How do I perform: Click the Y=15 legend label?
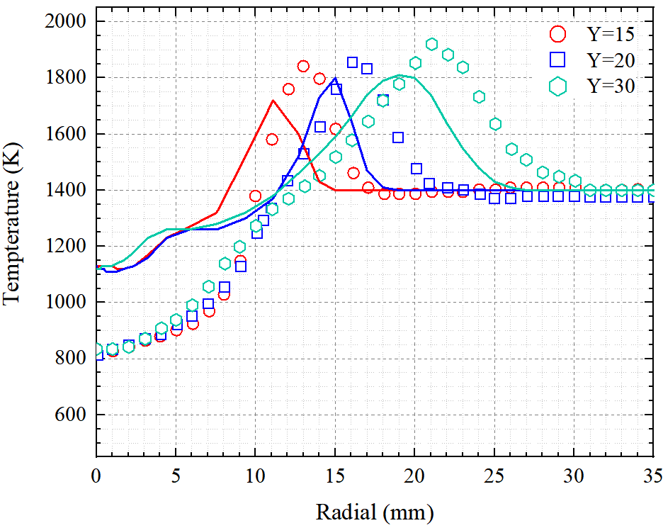[610, 33]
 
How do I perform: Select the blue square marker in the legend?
[559, 60]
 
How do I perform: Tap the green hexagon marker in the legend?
[559, 86]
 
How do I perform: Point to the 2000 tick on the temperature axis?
[64, 21]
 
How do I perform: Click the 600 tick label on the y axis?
[71, 415]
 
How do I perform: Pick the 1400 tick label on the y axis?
[64, 190]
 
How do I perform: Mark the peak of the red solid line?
[273, 101]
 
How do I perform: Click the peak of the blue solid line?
[335, 79]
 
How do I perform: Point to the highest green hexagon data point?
[431, 44]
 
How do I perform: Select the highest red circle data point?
[303, 66]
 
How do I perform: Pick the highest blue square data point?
[352, 62]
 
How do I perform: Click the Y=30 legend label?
[610, 86]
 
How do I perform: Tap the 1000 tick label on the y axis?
[64, 303]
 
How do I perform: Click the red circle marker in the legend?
[559, 33]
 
